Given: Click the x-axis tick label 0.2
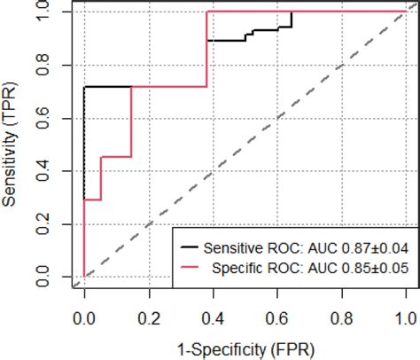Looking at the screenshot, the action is [150, 319].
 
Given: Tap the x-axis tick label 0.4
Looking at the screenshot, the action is [214, 319].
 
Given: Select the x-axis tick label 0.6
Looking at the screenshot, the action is [277, 319].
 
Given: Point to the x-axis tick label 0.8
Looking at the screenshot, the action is [342, 319].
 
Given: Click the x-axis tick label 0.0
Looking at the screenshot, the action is [84, 319].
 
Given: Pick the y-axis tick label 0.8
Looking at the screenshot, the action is [43, 65].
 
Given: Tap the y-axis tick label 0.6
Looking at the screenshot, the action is [43, 118].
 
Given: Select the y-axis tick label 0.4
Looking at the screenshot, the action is [43, 171].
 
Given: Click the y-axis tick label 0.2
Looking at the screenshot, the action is [43, 224].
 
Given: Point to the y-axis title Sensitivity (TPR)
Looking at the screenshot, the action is [10, 145].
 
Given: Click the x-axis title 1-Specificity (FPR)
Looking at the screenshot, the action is [245, 350].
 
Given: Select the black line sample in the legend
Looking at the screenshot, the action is [190, 247].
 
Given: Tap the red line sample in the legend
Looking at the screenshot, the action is [190, 267].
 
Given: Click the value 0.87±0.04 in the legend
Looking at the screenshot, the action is [375, 248].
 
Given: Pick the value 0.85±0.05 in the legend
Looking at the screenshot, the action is [375, 269].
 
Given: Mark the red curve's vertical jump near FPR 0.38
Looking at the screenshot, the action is [206, 49].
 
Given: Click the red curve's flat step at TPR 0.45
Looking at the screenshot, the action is [116, 157].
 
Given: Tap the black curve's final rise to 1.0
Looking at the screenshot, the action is [292, 20].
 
